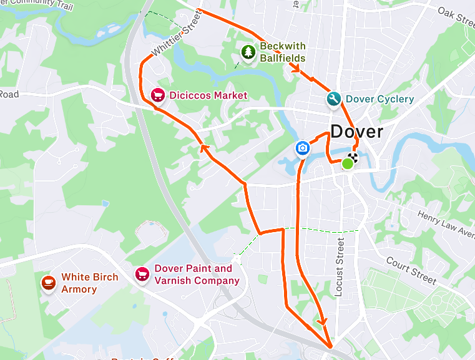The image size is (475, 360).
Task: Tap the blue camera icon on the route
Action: [x=302, y=148]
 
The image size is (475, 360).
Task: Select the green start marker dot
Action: [x=348, y=163]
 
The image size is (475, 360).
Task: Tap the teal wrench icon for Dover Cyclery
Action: [x=334, y=99]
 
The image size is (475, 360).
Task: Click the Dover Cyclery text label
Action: [x=380, y=99]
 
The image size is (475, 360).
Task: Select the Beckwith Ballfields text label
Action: [x=282, y=52]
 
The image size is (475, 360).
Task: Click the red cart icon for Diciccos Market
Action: [x=158, y=95]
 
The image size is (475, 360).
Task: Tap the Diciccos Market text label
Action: [x=208, y=95]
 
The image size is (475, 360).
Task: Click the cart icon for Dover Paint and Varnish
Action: [x=142, y=274]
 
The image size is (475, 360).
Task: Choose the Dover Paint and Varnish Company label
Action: [x=197, y=275]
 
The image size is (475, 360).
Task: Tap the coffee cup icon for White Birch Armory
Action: [x=48, y=283]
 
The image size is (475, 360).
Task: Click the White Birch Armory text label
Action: [x=89, y=283]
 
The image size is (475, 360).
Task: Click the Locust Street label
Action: [x=339, y=266]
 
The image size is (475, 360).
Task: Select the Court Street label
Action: [x=411, y=270]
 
